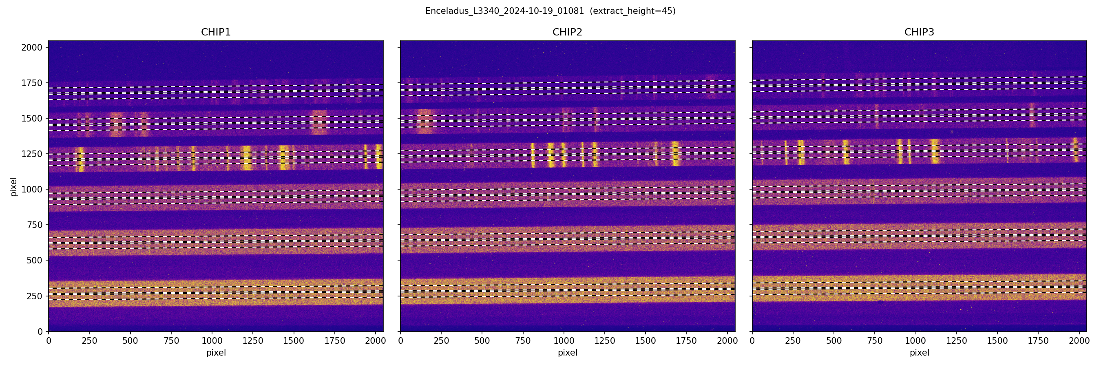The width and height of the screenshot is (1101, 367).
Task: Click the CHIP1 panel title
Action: point(216,32)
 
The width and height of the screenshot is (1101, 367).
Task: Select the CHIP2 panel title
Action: point(567,32)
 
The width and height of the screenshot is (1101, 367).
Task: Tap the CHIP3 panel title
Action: point(919,32)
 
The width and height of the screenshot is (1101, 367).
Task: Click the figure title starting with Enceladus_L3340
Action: point(504,11)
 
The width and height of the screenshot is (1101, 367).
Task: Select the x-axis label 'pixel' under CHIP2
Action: point(567,353)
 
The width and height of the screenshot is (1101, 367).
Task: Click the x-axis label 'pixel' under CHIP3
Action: point(919,353)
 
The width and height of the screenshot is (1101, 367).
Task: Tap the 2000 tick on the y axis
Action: point(32,47)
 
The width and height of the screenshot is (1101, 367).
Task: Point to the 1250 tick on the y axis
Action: point(32,154)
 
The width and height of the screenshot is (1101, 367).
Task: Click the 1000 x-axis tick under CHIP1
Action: point(212,341)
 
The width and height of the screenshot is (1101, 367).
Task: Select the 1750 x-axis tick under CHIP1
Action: point(335,341)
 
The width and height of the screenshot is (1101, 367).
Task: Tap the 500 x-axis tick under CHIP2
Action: point(482,341)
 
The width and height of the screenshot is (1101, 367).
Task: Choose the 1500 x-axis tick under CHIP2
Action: point(646,341)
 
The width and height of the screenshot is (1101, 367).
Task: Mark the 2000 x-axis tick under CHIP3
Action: point(1079,341)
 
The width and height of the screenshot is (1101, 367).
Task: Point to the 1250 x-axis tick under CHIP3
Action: point(957,341)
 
